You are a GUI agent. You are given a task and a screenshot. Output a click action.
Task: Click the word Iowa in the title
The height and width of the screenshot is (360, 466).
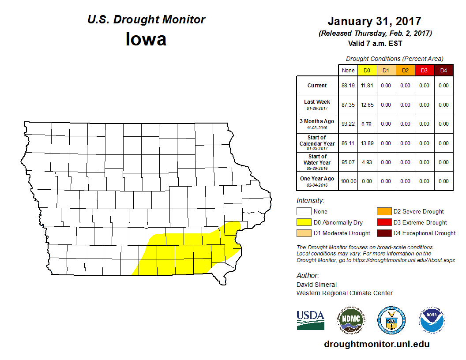tap(146, 39)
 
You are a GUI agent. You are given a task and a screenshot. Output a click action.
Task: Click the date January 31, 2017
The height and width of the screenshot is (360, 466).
tap(374, 21)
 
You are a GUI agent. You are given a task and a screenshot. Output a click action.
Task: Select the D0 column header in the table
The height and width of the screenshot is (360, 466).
tap(367, 71)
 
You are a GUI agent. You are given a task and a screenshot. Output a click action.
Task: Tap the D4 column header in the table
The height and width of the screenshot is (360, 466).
tap(443, 71)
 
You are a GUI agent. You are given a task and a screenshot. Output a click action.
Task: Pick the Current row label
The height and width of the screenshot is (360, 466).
tap(317, 86)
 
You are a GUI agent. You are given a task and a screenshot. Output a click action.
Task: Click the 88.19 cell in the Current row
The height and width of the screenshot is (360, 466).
tap(348, 86)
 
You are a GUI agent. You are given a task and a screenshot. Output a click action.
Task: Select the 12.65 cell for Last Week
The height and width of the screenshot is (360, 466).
tap(367, 105)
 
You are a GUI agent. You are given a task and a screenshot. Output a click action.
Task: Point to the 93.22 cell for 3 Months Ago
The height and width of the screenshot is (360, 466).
tap(348, 124)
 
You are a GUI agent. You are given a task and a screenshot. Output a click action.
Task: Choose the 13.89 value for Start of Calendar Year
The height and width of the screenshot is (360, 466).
tap(367, 143)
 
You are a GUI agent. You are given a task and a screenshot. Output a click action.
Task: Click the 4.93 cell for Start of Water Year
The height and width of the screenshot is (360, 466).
tap(367, 162)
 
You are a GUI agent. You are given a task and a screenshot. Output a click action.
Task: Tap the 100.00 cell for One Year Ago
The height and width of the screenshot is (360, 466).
tap(348, 181)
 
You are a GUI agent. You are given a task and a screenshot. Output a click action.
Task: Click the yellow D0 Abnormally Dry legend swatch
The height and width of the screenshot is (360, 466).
tap(304, 222)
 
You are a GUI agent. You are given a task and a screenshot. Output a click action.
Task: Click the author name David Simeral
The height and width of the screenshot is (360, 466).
tap(316, 285)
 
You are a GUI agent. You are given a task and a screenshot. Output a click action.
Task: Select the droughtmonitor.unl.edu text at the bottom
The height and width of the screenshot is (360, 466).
tap(376, 344)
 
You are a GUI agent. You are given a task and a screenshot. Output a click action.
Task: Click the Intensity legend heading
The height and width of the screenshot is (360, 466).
tap(310, 201)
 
